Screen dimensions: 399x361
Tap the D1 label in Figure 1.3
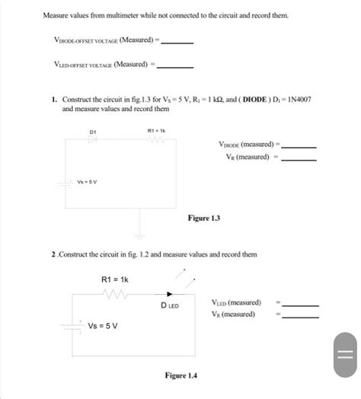(x=92, y=132)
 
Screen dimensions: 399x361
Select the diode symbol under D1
(x=92, y=141)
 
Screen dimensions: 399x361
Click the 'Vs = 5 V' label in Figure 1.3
(x=88, y=181)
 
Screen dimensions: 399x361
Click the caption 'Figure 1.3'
(x=204, y=219)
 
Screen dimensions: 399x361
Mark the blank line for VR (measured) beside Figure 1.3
(x=299, y=159)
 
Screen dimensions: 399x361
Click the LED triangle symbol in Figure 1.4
(x=168, y=294)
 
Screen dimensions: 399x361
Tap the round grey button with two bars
(x=341, y=356)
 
